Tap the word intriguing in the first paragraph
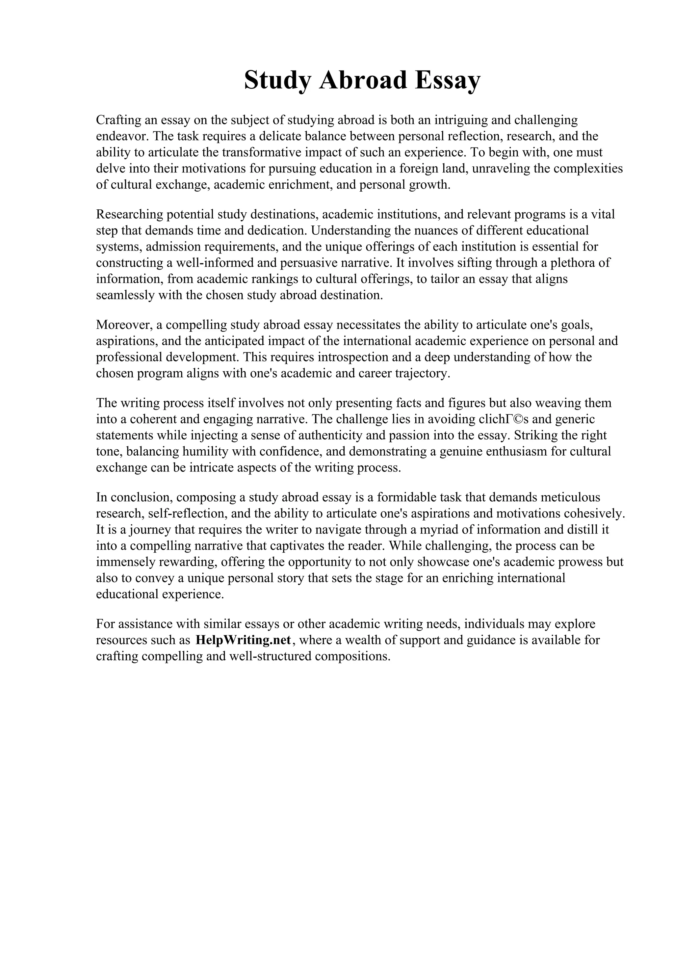460,120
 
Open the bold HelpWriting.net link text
243,640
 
